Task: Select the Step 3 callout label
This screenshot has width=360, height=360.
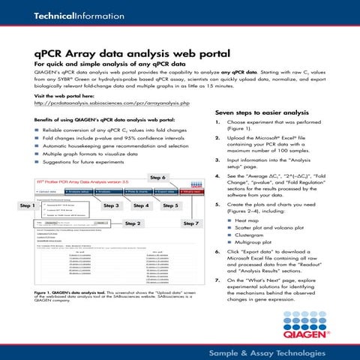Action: [x=112, y=205]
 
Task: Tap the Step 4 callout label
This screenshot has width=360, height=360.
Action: [x=141, y=205]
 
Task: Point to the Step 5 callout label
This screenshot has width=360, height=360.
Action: [x=171, y=205]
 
